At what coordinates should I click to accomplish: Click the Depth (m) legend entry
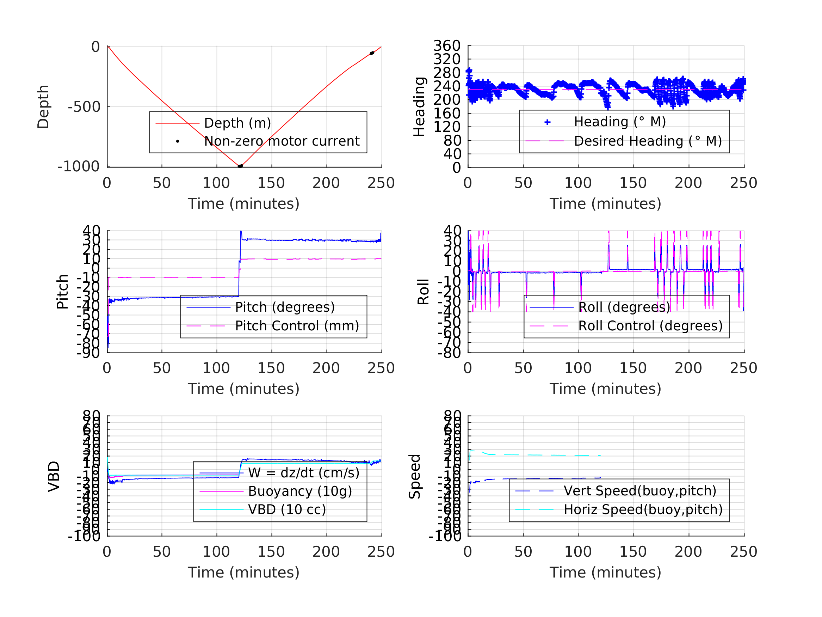tap(237, 123)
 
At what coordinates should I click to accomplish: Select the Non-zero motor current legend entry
tap(282, 141)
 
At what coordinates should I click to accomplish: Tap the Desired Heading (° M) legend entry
tap(648, 141)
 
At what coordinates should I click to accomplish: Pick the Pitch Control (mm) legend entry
tap(297, 326)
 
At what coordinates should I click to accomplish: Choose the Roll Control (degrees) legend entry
tap(650, 326)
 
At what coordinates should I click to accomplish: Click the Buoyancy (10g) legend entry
tap(300, 491)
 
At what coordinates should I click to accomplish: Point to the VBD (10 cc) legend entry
tap(287, 509)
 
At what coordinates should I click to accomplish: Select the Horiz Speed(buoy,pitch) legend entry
tap(643, 509)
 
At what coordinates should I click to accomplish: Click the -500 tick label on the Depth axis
tap(84, 107)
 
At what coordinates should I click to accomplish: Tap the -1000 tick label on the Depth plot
tap(79, 167)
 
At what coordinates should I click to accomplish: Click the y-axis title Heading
tap(419, 107)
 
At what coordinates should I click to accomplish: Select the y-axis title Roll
tap(423, 292)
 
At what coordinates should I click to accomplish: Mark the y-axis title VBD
tap(54, 476)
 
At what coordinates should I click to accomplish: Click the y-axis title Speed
tap(415, 476)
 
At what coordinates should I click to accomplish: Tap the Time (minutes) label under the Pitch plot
tap(243, 389)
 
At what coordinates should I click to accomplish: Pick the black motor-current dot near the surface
tap(372, 53)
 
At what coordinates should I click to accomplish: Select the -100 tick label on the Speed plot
tap(445, 536)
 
